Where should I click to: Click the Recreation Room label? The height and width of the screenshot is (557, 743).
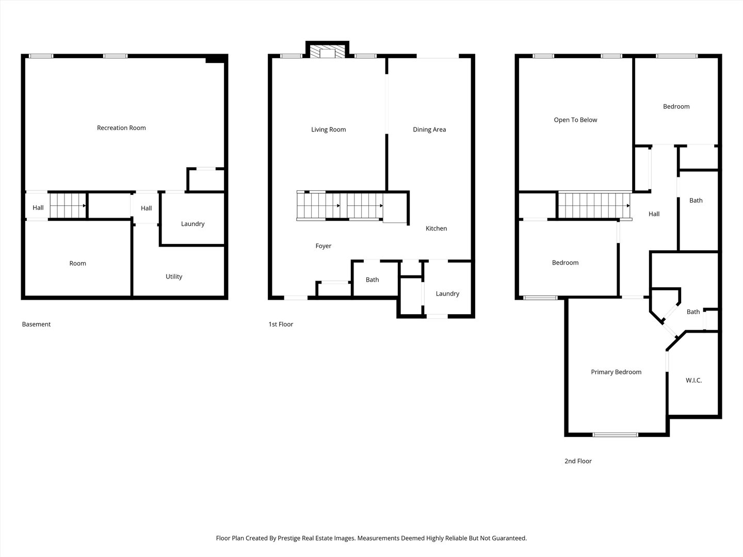tap(121, 128)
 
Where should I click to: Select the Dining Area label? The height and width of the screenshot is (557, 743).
tap(429, 129)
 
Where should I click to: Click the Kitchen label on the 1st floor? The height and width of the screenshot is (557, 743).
tap(436, 228)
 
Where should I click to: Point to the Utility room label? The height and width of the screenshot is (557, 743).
tap(174, 276)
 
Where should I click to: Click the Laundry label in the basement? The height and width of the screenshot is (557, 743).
tap(192, 224)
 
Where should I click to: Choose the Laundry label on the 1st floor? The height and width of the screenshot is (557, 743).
tap(447, 293)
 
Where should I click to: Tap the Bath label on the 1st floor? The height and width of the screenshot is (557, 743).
tap(372, 280)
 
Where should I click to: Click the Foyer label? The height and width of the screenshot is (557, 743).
tap(324, 246)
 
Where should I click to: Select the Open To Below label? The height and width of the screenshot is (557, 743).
tap(575, 120)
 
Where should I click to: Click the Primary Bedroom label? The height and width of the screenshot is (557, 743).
tap(616, 372)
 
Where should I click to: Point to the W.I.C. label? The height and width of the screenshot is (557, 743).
tap(693, 380)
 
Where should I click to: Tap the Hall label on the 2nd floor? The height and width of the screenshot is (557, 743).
tap(654, 214)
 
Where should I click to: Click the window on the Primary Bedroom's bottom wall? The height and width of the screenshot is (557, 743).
tap(615, 435)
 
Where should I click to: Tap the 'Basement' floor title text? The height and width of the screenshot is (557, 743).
tap(36, 324)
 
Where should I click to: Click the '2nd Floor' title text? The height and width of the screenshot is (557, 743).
tap(578, 461)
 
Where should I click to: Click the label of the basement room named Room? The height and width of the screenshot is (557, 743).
tap(78, 263)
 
